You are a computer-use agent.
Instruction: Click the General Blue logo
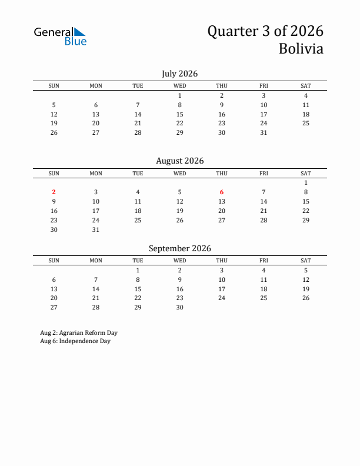click(x=60, y=36)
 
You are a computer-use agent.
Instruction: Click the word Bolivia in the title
click(x=301, y=49)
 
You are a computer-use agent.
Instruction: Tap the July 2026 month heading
click(x=179, y=74)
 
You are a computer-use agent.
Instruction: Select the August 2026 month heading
click(x=179, y=161)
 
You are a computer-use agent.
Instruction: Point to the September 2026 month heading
click(x=179, y=248)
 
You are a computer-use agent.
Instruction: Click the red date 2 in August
click(x=54, y=192)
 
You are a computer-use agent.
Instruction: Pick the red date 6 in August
click(x=222, y=192)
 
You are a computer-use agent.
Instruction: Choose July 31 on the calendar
click(x=264, y=132)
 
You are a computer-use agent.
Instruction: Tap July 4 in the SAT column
click(x=306, y=95)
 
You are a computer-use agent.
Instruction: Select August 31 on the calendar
click(x=96, y=229)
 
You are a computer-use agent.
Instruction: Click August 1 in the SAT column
click(x=306, y=182)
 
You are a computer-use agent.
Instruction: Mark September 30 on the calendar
click(x=180, y=307)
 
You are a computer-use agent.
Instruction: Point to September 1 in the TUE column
click(x=138, y=270)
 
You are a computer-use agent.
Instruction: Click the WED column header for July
click(x=180, y=86)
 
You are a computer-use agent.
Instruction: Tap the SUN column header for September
click(x=54, y=261)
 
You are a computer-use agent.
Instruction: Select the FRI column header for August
click(x=264, y=174)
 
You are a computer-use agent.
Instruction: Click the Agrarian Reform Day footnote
click(x=79, y=332)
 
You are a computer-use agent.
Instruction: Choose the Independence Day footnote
click(x=75, y=341)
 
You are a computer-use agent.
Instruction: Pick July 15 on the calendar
click(x=180, y=114)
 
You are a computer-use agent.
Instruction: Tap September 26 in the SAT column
click(x=306, y=298)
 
